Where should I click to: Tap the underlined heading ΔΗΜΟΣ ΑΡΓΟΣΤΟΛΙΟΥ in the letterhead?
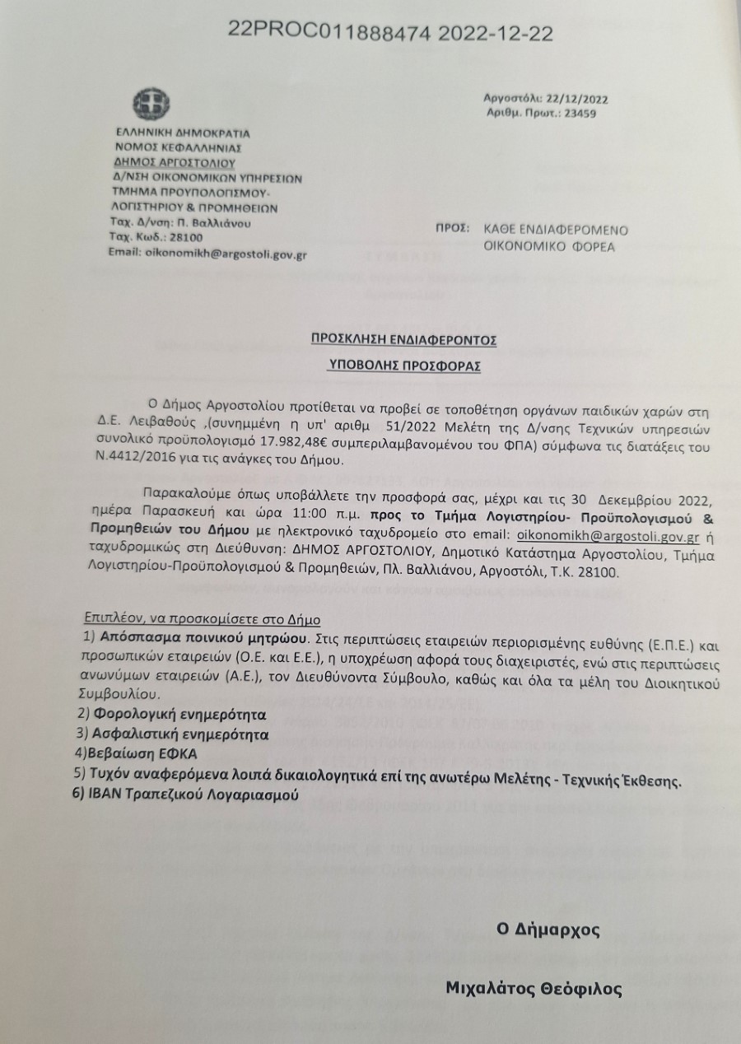tap(170, 162)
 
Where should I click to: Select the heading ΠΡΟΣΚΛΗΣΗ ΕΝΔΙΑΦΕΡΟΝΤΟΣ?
tap(403, 338)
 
